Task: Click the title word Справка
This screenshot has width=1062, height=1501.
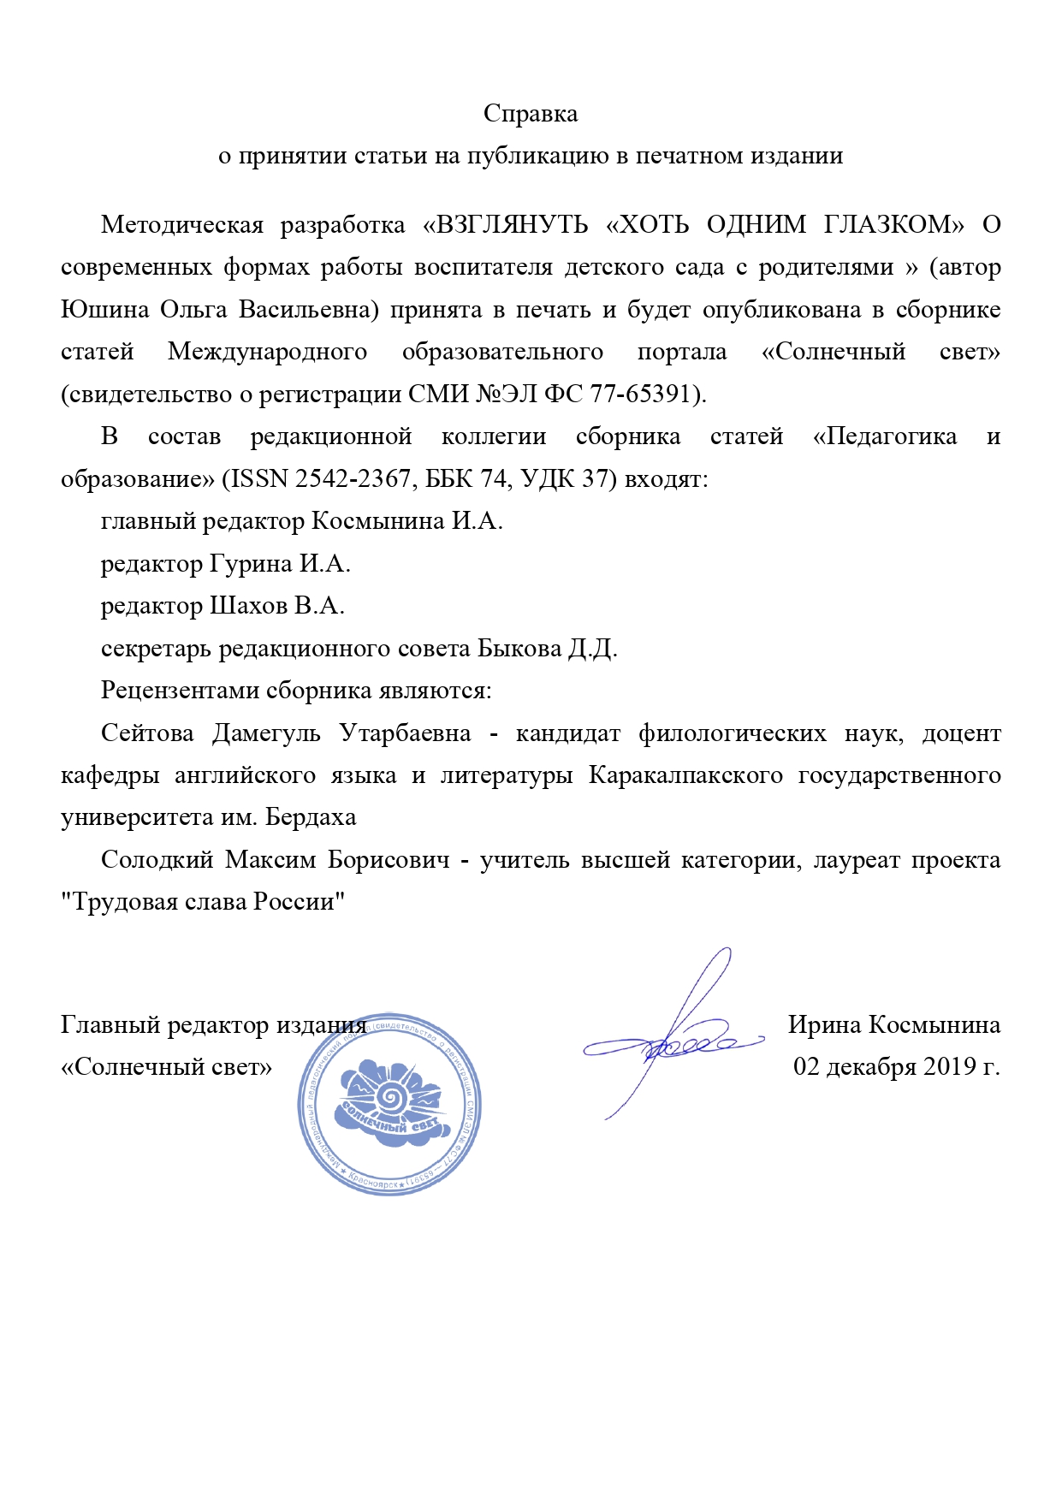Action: click(531, 114)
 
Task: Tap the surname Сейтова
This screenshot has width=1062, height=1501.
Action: click(147, 733)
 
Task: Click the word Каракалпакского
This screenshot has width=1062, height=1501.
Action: click(685, 774)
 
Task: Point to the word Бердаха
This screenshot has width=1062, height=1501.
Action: click(311, 817)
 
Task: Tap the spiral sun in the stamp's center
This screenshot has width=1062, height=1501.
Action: click(391, 1095)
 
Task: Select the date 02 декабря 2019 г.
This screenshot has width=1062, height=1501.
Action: click(896, 1066)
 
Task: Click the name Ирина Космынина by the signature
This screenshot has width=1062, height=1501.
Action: click(893, 1024)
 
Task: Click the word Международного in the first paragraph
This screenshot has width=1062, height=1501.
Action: click(268, 352)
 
